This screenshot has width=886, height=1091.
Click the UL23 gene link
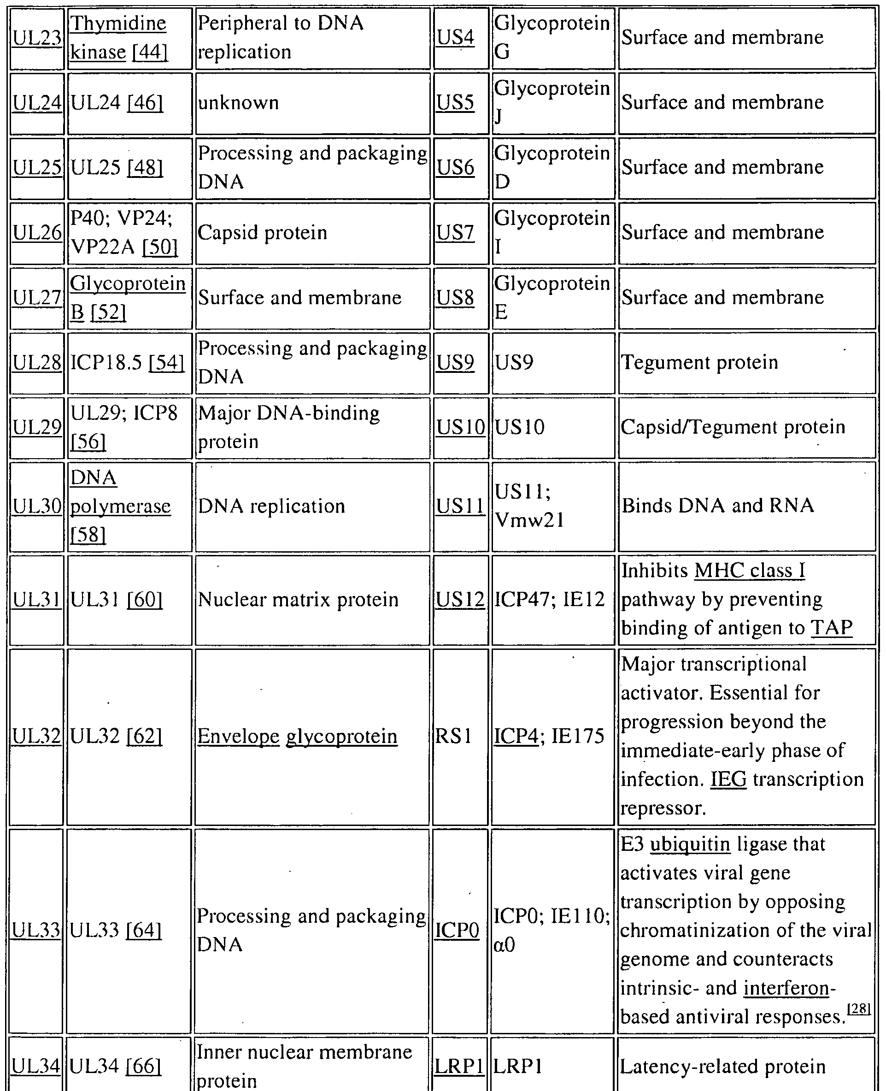[37, 38]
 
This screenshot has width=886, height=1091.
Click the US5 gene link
[455, 103]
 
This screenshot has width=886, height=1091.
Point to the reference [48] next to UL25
[145, 167]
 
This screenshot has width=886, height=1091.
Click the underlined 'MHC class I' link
[750, 571]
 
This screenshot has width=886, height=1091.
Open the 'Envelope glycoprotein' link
[298, 736]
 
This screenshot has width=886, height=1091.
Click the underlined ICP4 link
[516, 736]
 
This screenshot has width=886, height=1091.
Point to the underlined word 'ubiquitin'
[690, 844]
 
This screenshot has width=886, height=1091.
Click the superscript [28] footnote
[858, 1009]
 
